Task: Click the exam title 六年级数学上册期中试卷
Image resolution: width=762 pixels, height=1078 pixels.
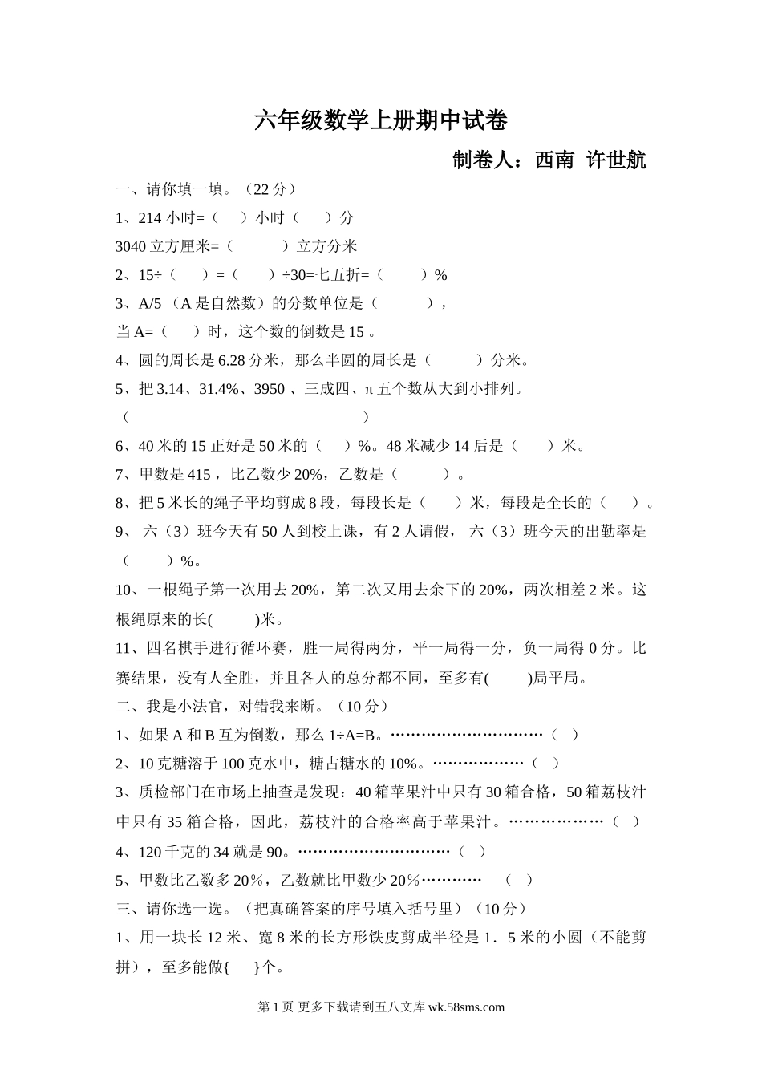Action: click(x=381, y=121)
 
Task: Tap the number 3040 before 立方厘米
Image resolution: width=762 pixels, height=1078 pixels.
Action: click(x=131, y=246)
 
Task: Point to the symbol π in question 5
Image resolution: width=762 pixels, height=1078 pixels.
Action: click(x=370, y=389)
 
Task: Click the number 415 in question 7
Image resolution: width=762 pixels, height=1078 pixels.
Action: click(x=198, y=475)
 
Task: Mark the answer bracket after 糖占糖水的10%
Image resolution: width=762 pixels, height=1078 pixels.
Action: click(x=545, y=763)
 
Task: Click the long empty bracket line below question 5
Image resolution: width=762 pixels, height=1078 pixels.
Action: click(x=245, y=417)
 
